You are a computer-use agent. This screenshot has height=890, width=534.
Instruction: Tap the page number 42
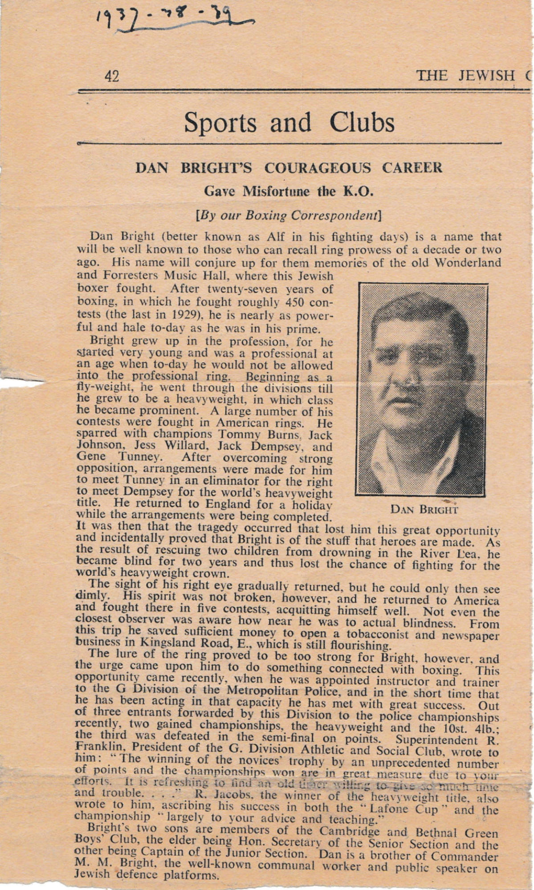(112, 77)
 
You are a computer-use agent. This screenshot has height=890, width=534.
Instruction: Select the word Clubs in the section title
(362, 123)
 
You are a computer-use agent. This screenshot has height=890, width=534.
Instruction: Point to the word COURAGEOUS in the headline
(317, 168)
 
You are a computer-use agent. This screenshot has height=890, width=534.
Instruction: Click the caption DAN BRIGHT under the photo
(424, 509)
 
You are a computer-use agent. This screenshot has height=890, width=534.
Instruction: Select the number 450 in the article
(294, 303)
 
